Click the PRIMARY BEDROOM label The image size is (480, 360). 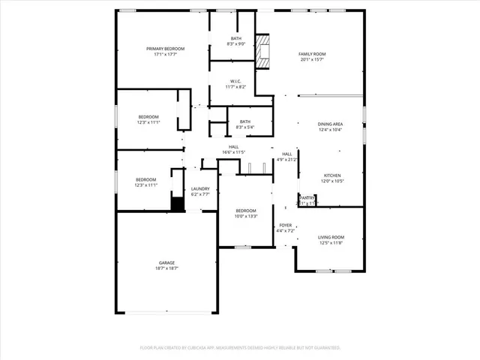(x=165, y=49)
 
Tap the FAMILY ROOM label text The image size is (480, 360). (x=312, y=55)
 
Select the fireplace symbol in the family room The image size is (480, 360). (x=263, y=52)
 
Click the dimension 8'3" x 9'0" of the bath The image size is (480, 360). (x=236, y=44)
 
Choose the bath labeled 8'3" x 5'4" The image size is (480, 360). (x=244, y=124)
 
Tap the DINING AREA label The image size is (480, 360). (x=330, y=124)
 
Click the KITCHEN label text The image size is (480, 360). (x=332, y=175)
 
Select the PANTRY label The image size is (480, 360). (x=307, y=197)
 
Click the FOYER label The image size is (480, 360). (x=286, y=225)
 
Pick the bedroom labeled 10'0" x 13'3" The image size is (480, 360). (x=246, y=213)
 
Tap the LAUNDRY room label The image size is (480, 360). (x=199, y=189)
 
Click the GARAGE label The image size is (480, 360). (x=166, y=262)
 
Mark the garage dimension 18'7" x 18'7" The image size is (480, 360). (x=166, y=268)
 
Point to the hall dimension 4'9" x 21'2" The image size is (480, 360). (x=287, y=159)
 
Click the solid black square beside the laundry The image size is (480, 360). (x=177, y=204)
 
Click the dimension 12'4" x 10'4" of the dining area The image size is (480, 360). (x=330, y=130)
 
